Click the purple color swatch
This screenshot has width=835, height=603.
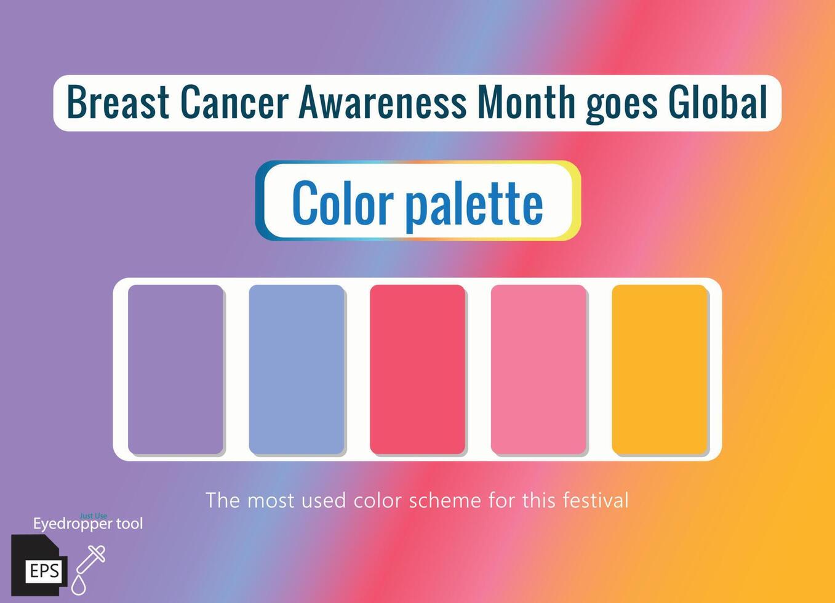click(x=175, y=369)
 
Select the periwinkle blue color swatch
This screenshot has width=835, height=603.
click(x=297, y=369)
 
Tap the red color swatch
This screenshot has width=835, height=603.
click(x=417, y=369)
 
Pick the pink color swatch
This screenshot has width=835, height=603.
click(x=538, y=369)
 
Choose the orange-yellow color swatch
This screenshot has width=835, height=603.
click(x=660, y=369)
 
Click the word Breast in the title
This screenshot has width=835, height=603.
click(x=118, y=102)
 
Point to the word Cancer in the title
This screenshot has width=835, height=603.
click(x=235, y=102)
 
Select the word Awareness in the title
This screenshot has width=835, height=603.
click(x=383, y=102)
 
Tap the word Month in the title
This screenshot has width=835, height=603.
click(x=526, y=101)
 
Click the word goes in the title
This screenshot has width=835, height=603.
click(x=621, y=107)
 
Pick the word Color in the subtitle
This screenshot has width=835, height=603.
click(x=343, y=202)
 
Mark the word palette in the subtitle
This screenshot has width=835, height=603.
click(x=474, y=207)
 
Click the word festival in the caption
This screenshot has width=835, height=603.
click(x=596, y=500)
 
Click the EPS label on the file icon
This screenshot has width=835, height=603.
click(x=44, y=571)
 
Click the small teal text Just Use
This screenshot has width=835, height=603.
click(x=93, y=516)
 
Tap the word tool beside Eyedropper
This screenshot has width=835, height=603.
click(x=130, y=524)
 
